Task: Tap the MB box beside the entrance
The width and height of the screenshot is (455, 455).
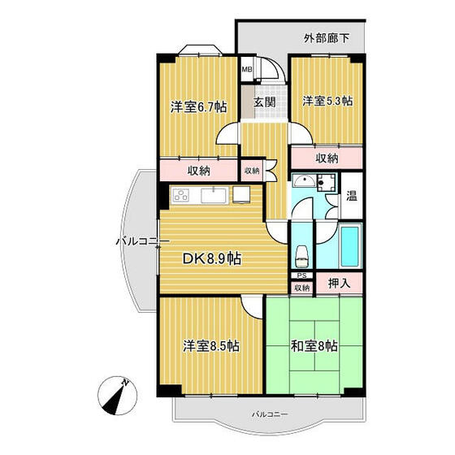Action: click(246, 70)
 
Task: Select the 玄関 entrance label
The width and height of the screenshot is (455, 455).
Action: click(262, 103)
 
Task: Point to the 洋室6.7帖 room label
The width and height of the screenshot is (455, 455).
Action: click(197, 106)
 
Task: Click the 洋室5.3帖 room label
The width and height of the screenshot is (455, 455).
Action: click(327, 101)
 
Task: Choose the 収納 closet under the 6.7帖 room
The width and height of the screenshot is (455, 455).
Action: click(198, 171)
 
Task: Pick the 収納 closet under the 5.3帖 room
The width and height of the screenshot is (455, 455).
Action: click(327, 158)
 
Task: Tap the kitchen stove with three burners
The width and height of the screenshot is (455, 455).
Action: click(180, 195)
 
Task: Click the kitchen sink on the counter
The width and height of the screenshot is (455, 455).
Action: click(214, 195)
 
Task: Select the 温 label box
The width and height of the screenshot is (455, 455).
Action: click(352, 196)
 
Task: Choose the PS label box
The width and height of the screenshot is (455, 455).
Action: click(301, 275)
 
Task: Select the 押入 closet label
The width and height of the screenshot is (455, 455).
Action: click(340, 284)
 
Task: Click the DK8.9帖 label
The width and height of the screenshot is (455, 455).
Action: click(210, 258)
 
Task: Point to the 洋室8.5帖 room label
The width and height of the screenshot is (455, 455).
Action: click(210, 345)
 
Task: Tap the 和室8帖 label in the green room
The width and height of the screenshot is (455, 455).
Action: click(313, 345)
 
